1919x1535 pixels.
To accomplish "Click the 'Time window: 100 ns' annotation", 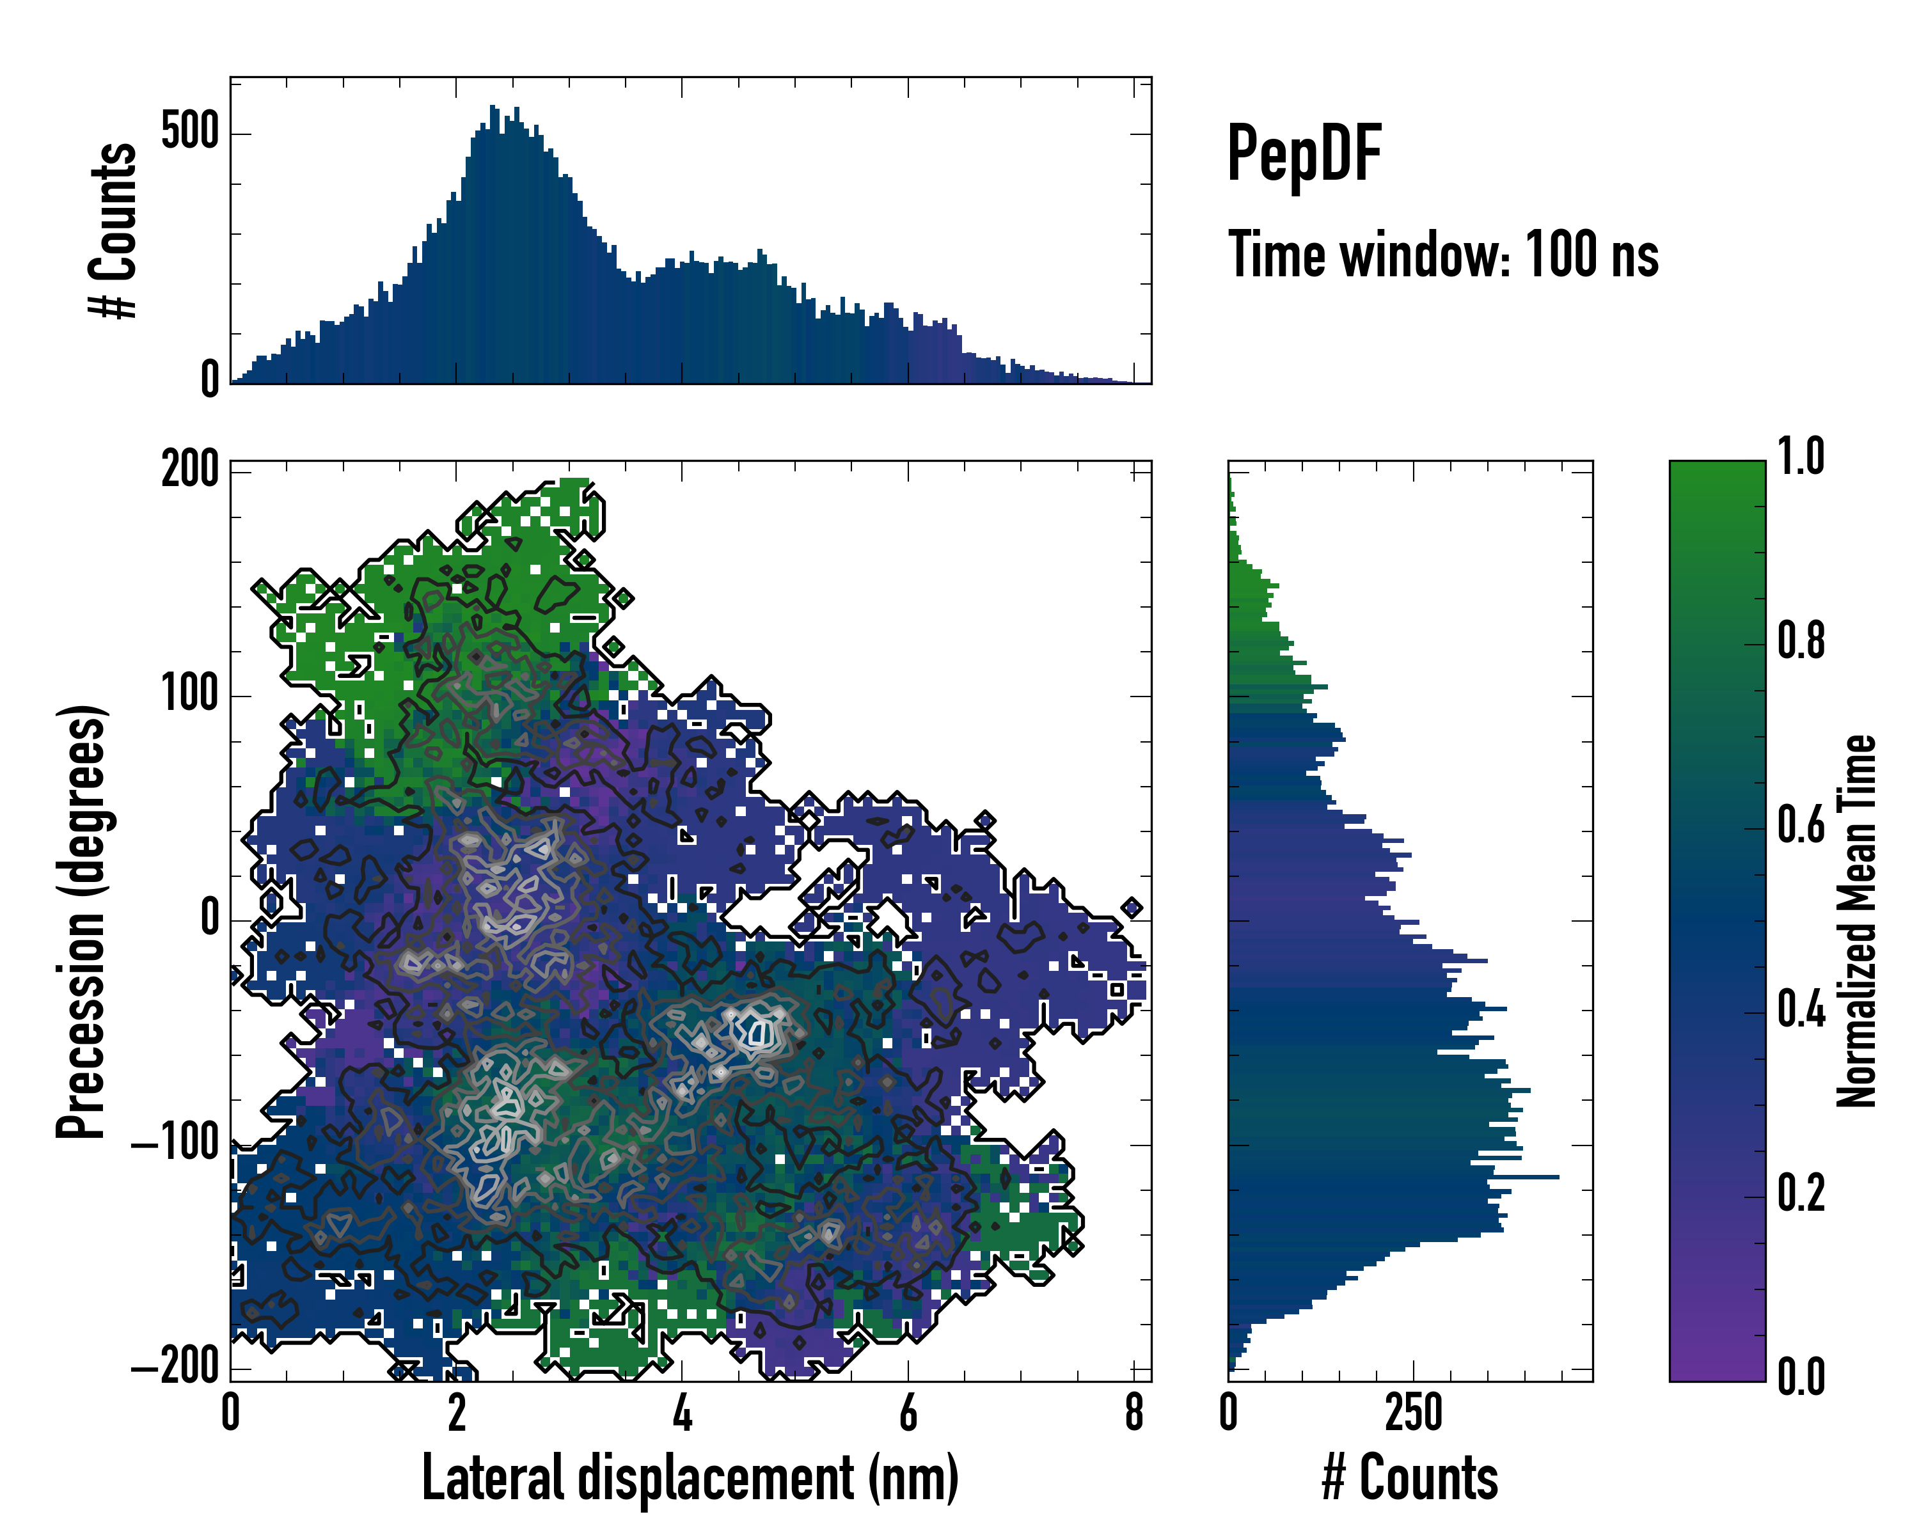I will click(x=1443, y=255).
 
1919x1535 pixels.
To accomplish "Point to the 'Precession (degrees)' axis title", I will click(x=82, y=921).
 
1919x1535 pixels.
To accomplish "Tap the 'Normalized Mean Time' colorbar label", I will click(x=1857, y=921).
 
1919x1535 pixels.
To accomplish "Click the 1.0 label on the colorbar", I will click(x=1801, y=459).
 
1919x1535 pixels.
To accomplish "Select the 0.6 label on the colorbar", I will click(x=1801, y=826).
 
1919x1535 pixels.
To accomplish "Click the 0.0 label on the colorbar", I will click(x=1801, y=1376).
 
